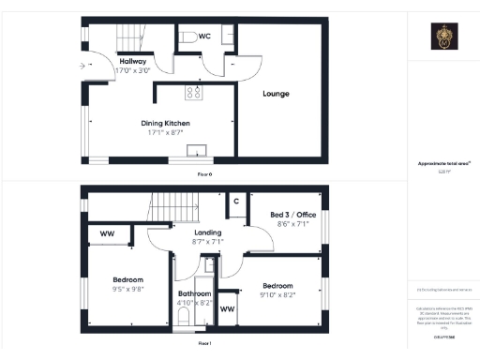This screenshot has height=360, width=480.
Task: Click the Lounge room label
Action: (x=276, y=94)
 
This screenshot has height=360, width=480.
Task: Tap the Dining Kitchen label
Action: (x=165, y=124)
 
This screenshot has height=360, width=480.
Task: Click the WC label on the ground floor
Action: (x=203, y=36)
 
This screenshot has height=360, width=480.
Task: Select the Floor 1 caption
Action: (x=203, y=345)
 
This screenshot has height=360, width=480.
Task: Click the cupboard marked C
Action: (x=235, y=202)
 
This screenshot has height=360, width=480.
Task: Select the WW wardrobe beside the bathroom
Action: (x=227, y=308)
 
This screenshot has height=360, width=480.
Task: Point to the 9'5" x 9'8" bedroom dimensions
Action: (x=128, y=290)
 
